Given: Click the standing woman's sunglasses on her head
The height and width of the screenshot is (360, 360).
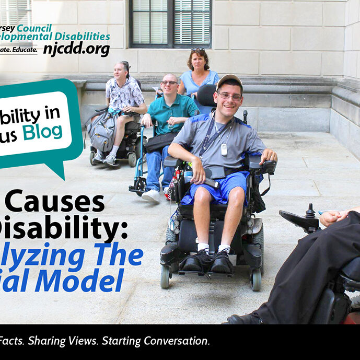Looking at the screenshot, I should click(198, 50).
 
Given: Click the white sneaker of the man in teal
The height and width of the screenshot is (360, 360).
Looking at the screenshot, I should click(152, 195).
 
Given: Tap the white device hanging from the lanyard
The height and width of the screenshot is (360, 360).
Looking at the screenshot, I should click(224, 149).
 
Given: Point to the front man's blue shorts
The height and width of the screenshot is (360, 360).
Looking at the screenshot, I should click(219, 187).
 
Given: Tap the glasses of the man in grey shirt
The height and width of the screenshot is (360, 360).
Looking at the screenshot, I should click(230, 96).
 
